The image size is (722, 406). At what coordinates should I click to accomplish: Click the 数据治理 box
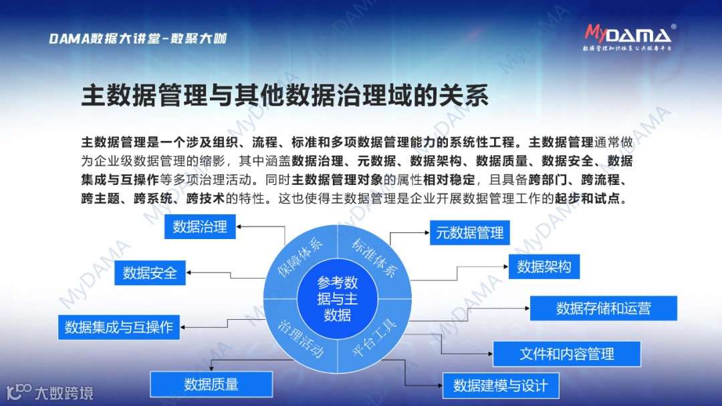200,226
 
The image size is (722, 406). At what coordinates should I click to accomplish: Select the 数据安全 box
150,272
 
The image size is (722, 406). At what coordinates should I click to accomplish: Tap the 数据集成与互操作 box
118,327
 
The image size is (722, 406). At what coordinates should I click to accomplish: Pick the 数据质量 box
211,384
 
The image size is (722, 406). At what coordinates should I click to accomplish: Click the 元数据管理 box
469,233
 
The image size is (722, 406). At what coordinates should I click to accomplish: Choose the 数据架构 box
544,266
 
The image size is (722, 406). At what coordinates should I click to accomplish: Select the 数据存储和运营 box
603,308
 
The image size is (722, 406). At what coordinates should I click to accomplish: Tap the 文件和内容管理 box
566,353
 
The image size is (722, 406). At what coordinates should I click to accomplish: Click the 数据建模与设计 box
500,385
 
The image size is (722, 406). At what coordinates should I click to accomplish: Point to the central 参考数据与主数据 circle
337,298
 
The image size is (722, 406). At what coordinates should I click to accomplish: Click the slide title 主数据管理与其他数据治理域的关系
285,95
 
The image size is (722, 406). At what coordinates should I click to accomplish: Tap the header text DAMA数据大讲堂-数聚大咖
138,39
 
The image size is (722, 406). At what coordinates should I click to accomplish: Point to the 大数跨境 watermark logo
50,392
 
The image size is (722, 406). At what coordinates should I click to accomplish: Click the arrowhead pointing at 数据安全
189,272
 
